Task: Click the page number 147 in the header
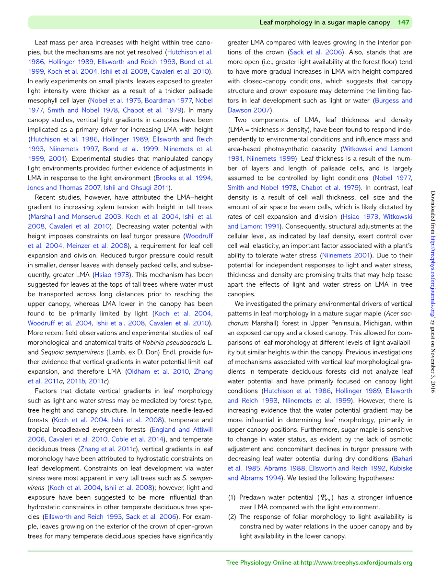[x=403, y=22]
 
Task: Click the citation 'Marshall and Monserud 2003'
[x=75, y=217]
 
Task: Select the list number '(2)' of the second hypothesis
[x=232, y=517]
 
